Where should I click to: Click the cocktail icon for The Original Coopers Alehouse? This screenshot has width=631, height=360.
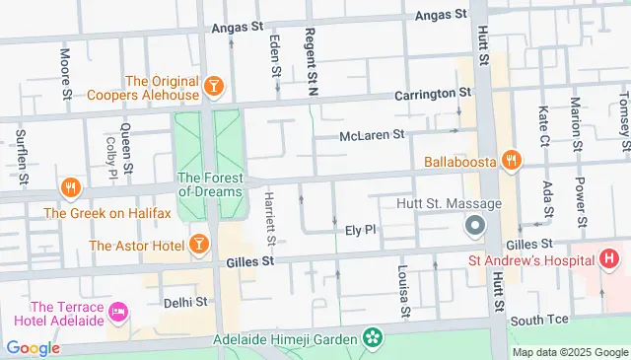213,89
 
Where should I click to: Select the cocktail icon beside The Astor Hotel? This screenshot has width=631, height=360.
198,243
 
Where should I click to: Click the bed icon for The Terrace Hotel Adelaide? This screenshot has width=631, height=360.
119,311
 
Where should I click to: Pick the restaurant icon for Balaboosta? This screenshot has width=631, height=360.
510,159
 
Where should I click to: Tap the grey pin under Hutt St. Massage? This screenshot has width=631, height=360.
474,226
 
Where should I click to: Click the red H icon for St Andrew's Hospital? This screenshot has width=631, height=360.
608,259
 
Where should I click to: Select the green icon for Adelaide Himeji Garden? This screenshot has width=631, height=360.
373,339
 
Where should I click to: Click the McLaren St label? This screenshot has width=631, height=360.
372,135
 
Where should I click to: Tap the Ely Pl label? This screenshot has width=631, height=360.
362,229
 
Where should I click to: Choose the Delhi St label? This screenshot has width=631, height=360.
186,301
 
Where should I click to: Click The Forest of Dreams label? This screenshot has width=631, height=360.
208,185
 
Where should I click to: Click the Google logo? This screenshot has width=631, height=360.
33,347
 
